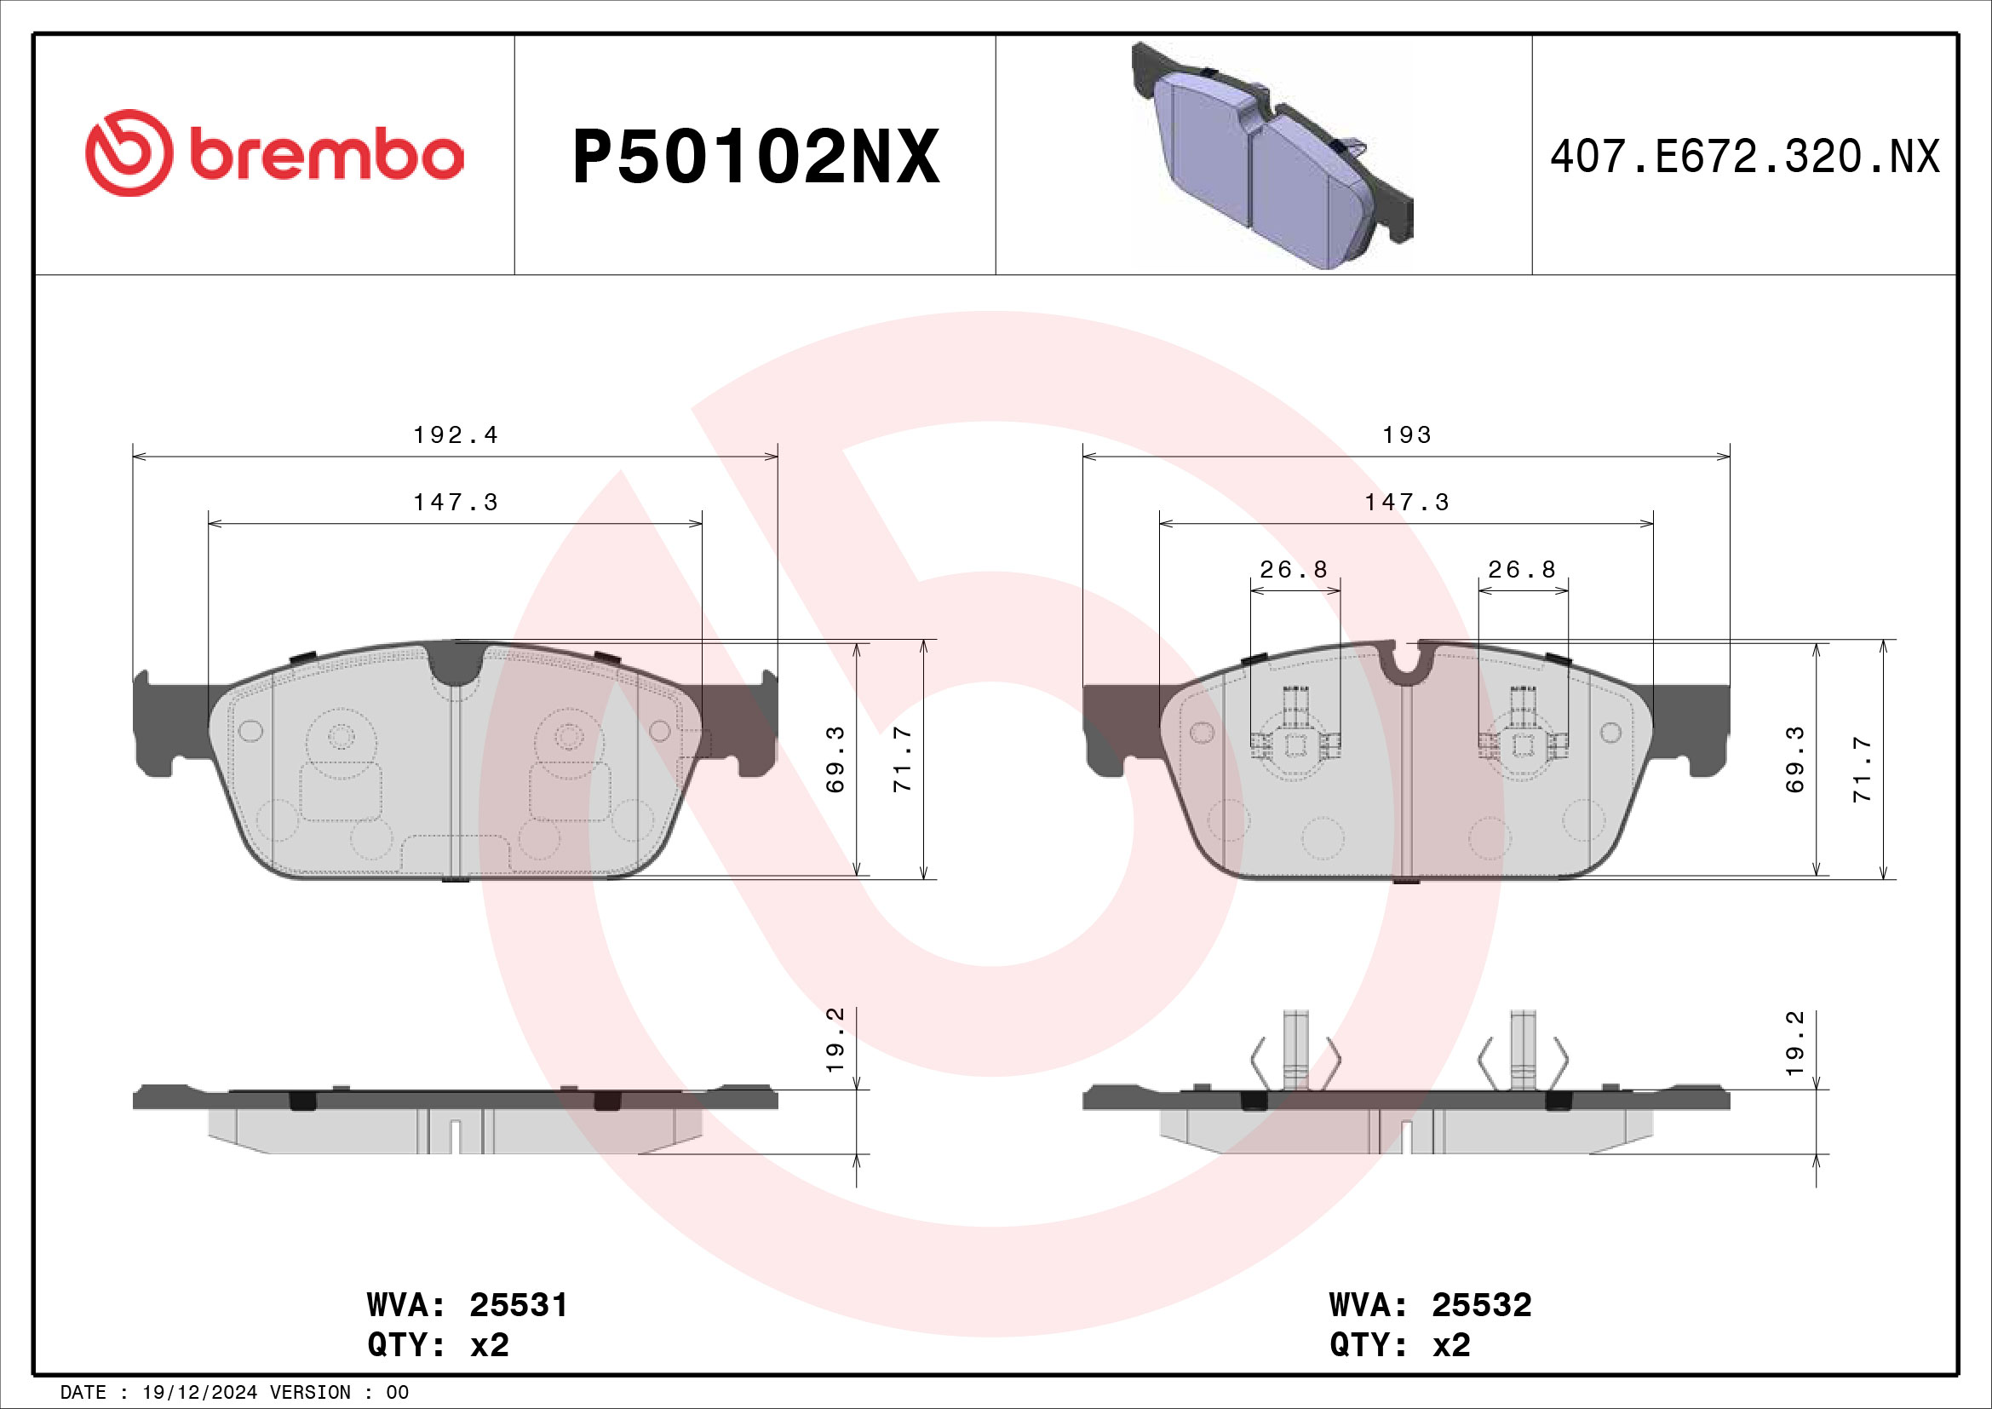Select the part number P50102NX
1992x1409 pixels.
point(755,157)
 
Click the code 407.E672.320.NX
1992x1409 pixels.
point(1744,157)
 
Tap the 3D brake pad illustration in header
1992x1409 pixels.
point(1271,156)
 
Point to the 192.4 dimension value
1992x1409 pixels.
point(456,434)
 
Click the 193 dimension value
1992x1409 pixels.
point(1406,434)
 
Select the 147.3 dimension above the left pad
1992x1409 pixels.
point(456,503)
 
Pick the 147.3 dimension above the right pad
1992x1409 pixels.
point(1406,503)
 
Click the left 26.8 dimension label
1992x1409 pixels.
point(1294,570)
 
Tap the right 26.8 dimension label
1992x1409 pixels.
point(1522,570)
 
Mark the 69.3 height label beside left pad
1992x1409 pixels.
point(835,759)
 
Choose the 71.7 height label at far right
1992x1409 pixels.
point(1863,769)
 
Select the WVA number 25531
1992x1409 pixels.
point(518,1305)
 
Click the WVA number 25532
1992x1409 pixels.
point(1481,1305)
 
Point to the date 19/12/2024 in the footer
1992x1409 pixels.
point(199,1393)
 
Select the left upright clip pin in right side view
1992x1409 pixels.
point(1295,1050)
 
